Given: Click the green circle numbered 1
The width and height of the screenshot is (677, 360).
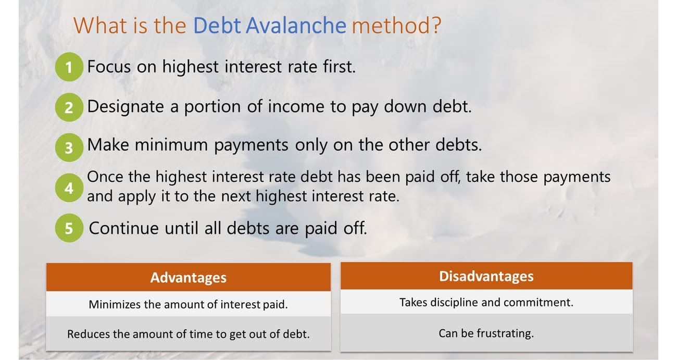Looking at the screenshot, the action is click(x=69, y=67).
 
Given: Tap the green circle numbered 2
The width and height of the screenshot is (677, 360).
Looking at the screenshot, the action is click(x=69, y=107).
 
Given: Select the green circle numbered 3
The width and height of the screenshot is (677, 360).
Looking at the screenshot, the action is click(x=69, y=147).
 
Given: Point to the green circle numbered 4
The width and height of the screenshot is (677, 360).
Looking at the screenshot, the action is click(x=69, y=188).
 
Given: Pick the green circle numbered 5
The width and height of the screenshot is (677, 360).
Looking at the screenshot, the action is click(x=69, y=228).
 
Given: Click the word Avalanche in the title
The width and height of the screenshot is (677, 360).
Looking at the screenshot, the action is click(x=296, y=25).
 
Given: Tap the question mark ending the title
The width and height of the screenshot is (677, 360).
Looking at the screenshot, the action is click(x=437, y=25).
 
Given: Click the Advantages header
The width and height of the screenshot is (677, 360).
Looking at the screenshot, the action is click(x=189, y=277).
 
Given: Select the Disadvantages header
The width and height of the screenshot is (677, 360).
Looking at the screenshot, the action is click(x=486, y=276).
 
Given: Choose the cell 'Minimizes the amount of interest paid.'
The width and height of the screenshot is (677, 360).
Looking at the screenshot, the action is click(x=189, y=304).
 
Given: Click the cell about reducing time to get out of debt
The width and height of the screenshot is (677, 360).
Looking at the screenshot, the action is click(x=189, y=334).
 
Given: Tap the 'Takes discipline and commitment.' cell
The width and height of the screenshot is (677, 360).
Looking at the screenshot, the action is click(x=486, y=302).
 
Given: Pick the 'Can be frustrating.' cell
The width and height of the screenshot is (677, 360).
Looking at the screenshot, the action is click(x=486, y=333).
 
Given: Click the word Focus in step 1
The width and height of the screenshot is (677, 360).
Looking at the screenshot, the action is click(x=109, y=67).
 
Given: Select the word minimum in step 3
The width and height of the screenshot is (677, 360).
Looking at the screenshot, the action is click(x=171, y=145).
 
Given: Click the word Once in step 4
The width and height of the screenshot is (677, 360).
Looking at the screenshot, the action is click(x=105, y=177).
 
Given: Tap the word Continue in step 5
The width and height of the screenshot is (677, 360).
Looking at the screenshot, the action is click(x=123, y=228).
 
